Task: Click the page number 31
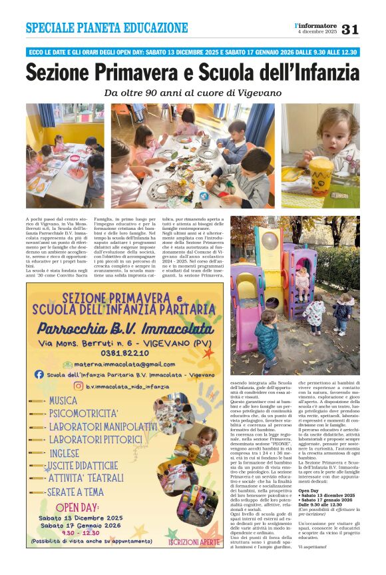pyautogui.click(x=350, y=29)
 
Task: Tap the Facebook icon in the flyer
pyautogui.click(x=40, y=374)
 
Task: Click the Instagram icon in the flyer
pyautogui.click(x=78, y=386)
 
